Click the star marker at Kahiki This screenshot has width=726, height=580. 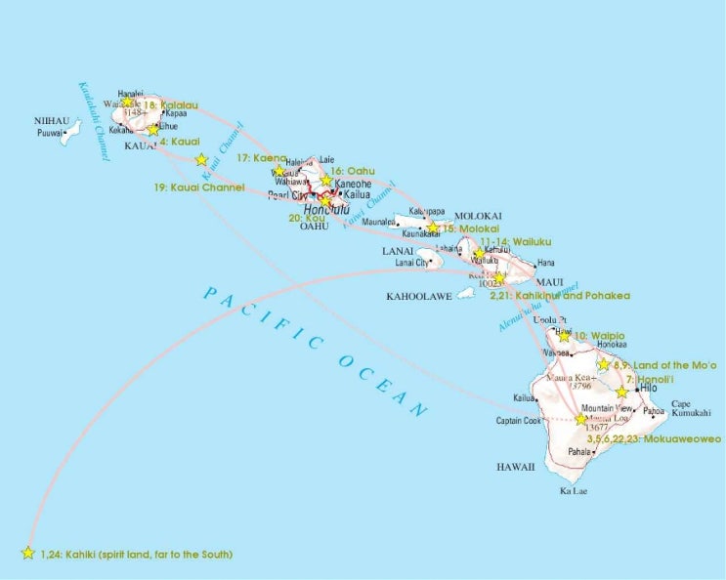point(27,553)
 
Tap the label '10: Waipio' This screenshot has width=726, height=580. point(598,336)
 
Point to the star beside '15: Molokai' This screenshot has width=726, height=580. point(433,228)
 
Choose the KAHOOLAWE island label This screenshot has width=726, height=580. point(419,295)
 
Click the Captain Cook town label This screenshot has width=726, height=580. point(518,422)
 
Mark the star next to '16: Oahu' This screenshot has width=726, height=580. point(326,181)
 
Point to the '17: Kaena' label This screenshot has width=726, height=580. point(260,157)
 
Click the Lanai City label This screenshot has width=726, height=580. point(411,262)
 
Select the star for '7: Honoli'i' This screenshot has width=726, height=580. point(621,392)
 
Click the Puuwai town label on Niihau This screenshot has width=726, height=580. point(49,133)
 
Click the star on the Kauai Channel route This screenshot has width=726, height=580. point(201,159)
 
